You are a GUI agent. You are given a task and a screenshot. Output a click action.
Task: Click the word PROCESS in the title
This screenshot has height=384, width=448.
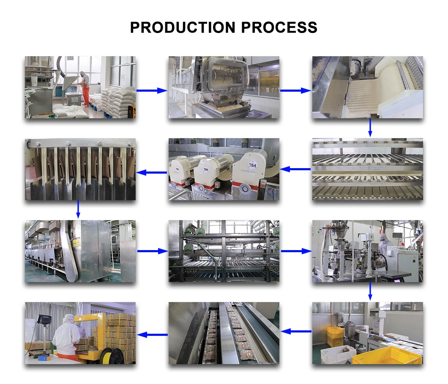[279, 27]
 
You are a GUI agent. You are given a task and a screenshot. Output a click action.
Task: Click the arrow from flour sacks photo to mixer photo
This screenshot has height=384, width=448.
[152, 90]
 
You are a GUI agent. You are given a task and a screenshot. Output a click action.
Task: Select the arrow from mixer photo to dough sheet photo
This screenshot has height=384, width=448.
[295, 90]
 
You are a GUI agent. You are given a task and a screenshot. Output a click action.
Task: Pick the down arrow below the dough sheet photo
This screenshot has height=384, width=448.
[370, 128]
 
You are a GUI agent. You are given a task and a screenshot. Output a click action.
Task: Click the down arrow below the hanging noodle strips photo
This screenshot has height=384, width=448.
[78, 209]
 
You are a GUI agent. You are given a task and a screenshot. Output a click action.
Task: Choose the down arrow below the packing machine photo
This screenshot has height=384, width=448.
[370, 291]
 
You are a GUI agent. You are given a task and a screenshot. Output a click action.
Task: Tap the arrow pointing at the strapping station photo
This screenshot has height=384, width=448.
[152, 335]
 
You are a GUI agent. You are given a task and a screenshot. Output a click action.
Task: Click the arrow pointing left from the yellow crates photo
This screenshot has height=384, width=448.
[296, 332]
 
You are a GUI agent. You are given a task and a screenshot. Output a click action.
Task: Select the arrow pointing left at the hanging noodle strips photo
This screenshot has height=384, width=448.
[152, 172]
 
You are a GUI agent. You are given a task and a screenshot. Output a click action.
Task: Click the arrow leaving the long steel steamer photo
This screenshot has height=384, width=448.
[152, 251]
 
